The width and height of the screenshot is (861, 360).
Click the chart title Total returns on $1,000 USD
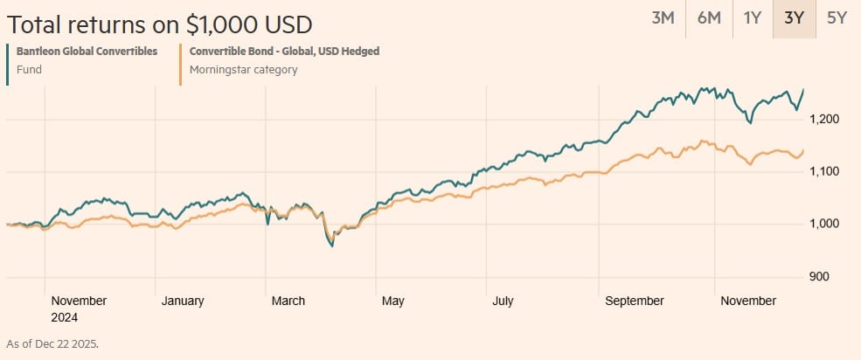click(x=159, y=24)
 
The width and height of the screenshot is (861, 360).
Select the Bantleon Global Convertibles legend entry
click(x=87, y=51)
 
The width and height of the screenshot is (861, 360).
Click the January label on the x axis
click(x=183, y=301)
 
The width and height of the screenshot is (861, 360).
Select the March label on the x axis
click(x=288, y=301)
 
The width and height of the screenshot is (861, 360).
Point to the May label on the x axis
click(x=392, y=301)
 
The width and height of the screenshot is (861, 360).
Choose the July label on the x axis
click(x=502, y=301)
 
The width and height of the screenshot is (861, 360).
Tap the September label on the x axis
click(x=635, y=301)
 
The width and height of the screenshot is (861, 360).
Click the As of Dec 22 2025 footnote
click(x=52, y=343)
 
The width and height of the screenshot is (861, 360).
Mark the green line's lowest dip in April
click(x=331, y=247)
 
